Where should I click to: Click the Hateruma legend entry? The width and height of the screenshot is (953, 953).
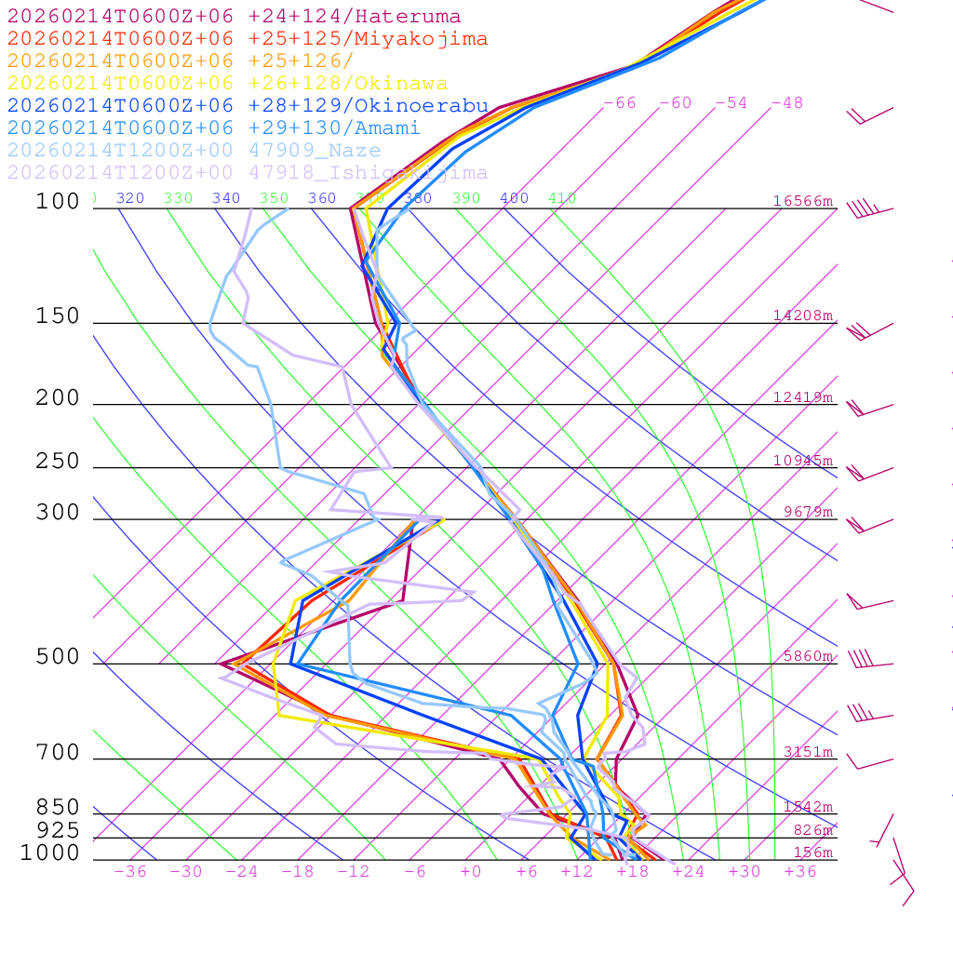click(x=234, y=17)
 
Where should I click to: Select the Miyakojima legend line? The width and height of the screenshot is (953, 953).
click(x=247, y=39)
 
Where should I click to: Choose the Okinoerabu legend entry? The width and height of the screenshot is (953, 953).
click(x=247, y=106)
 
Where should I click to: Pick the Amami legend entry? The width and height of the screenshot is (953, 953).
click(x=213, y=128)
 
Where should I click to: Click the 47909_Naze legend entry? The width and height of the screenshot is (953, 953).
click(x=194, y=151)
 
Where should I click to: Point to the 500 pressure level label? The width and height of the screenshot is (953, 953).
click(x=58, y=657)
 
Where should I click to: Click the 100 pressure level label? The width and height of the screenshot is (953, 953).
click(x=58, y=201)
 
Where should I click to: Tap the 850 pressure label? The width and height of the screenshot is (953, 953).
click(x=58, y=807)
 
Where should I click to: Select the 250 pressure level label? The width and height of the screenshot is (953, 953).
click(x=58, y=462)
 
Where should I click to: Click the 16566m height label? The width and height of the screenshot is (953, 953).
click(x=803, y=201)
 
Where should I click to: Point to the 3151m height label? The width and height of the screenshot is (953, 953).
click(x=808, y=752)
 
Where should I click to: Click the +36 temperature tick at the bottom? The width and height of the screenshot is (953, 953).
click(x=800, y=872)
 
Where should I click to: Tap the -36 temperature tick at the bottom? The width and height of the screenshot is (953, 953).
click(x=130, y=872)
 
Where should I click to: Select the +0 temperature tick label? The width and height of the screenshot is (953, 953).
click(x=471, y=872)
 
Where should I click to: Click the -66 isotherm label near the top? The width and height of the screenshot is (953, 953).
click(x=620, y=103)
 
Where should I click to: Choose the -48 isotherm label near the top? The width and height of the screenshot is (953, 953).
click(x=786, y=103)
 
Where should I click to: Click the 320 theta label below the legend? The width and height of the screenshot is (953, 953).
click(x=130, y=198)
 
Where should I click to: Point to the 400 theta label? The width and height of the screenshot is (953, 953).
click(x=514, y=198)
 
